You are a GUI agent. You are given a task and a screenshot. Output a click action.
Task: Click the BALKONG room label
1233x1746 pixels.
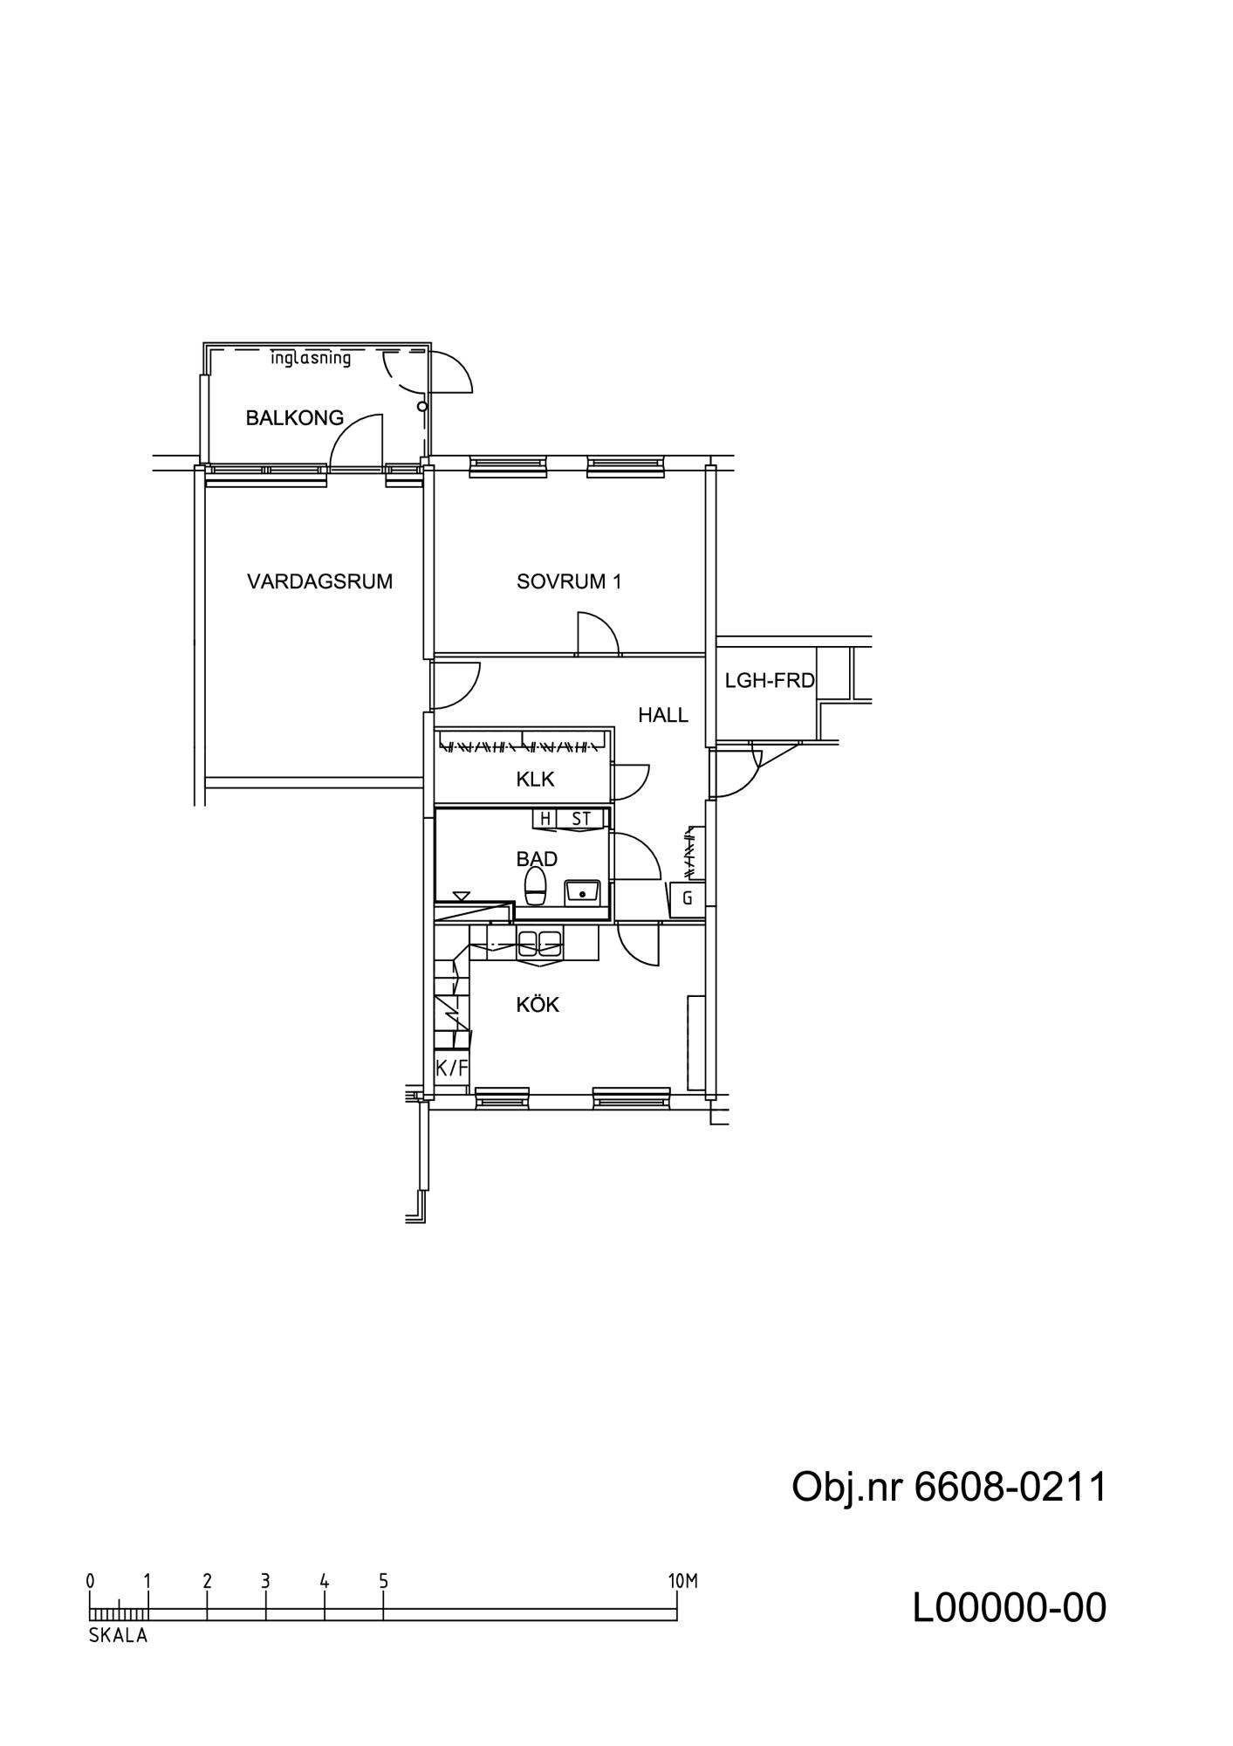tap(294, 418)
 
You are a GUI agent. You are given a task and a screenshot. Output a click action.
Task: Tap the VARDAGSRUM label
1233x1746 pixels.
tap(319, 581)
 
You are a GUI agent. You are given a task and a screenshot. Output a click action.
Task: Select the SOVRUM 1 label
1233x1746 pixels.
tap(569, 581)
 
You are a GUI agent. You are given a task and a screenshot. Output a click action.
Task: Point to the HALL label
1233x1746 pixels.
tap(663, 715)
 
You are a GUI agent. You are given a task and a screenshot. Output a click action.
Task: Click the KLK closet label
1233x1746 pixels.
tap(535, 779)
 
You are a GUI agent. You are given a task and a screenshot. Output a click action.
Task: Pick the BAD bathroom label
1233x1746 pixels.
tap(537, 859)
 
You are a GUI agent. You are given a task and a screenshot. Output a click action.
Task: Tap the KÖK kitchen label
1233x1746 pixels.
tap(538, 1005)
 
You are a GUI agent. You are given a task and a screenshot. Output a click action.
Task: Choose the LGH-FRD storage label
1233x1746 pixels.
tap(770, 680)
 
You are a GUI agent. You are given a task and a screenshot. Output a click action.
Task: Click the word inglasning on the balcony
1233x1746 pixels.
tap(311, 358)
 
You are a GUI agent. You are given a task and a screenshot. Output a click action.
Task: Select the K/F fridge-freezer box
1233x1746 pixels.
tap(452, 1068)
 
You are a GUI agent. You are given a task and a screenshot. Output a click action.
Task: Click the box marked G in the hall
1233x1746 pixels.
tap(688, 898)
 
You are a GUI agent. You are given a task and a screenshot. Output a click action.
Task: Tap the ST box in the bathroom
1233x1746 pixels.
tap(581, 819)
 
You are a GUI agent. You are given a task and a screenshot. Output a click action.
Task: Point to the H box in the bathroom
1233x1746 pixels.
tap(545, 819)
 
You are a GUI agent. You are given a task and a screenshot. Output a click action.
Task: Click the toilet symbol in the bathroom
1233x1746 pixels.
tap(535, 887)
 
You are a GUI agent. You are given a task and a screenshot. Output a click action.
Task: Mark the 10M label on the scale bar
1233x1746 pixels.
tap(683, 1581)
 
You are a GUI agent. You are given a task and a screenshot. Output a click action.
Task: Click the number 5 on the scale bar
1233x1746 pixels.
tap(383, 1581)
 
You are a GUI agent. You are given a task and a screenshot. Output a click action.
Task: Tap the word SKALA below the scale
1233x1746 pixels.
tap(119, 1636)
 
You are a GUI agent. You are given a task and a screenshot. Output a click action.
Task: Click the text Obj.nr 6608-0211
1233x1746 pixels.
tap(949, 1487)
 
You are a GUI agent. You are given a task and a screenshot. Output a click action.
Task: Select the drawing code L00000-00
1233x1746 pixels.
tap(1010, 1607)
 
